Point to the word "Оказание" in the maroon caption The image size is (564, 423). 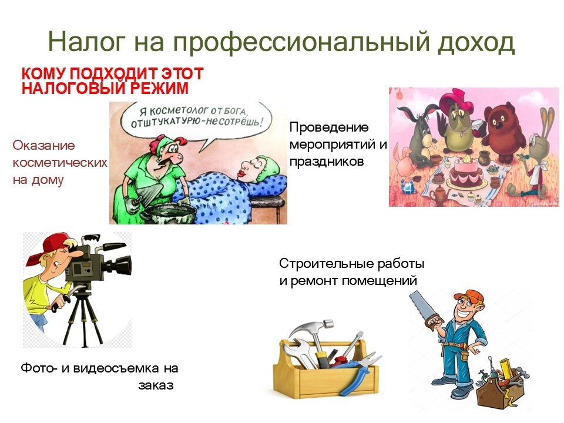pyautogui.click(x=44, y=145)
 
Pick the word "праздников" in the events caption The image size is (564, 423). pyautogui.click(x=327, y=162)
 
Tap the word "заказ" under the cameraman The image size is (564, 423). pyautogui.click(x=156, y=385)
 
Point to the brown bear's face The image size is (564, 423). pyautogui.click(x=501, y=122)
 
